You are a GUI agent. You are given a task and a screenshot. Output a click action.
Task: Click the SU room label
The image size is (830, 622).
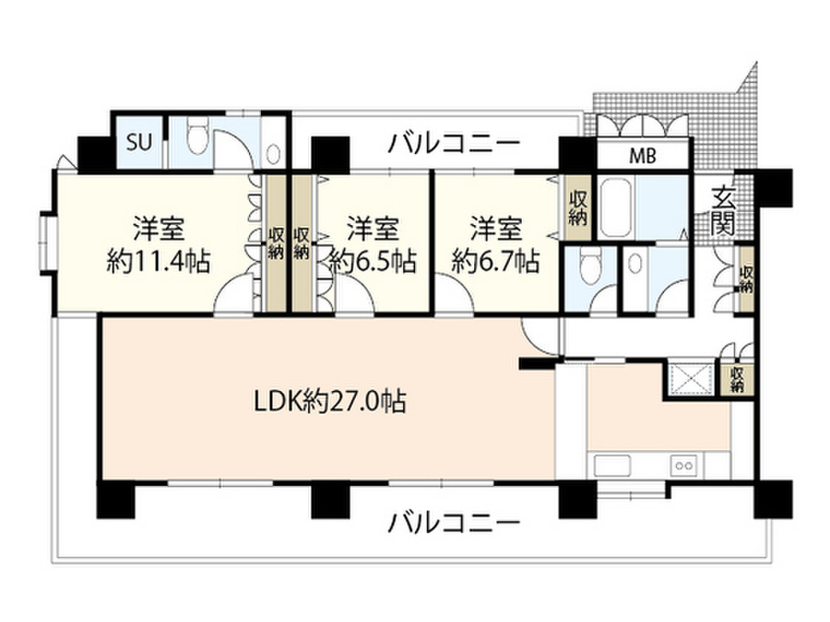[x=139, y=143]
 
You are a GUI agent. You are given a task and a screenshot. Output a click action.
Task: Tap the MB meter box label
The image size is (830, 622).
[x=643, y=155]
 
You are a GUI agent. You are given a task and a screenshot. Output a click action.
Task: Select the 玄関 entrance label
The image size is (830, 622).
[x=722, y=211]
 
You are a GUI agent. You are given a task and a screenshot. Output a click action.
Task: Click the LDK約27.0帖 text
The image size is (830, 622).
[x=331, y=401]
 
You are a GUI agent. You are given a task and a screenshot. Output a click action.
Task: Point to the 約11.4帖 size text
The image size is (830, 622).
[x=159, y=260]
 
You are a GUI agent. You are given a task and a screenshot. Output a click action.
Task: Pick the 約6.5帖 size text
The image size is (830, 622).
[x=373, y=260]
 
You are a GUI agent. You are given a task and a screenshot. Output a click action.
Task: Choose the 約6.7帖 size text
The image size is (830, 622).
[x=496, y=260]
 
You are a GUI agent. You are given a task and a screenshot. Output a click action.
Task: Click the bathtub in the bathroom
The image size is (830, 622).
[x=615, y=208]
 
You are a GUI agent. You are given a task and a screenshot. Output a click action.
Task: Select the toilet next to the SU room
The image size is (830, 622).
[x=199, y=136]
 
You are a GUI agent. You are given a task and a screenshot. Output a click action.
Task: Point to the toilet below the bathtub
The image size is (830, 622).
[x=589, y=268]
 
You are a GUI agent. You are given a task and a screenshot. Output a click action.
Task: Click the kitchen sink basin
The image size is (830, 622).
[x=613, y=466]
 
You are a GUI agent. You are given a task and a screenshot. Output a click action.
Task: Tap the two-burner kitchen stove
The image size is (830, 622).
[x=684, y=466]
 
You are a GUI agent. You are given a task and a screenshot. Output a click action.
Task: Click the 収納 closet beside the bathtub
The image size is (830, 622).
[x=577, y=208]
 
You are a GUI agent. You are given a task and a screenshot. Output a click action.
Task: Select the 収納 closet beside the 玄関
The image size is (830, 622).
[x=746, y=279]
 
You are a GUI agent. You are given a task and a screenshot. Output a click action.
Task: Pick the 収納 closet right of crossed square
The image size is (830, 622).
[x=736, y=379]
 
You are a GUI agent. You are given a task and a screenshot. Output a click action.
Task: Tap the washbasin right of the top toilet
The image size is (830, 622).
[x=272, y=154]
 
